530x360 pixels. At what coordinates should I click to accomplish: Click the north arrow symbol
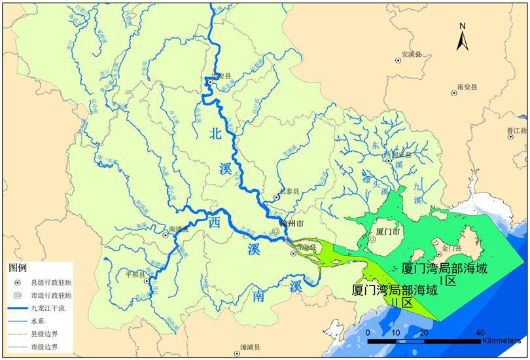coord(462,38)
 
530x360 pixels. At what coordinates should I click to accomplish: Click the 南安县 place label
coord(467,86)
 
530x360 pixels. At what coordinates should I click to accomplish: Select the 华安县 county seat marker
coord(210,83)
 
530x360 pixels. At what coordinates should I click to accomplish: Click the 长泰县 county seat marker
coord(276,197)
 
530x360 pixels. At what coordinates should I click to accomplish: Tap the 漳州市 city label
coord(291,224)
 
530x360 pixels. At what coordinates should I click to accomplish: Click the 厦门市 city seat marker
coord(372,240)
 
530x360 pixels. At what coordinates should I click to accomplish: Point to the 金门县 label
coord(452,249)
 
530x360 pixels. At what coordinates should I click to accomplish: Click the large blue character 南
coord(258,298)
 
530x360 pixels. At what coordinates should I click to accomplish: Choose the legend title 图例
coord(16,268)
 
